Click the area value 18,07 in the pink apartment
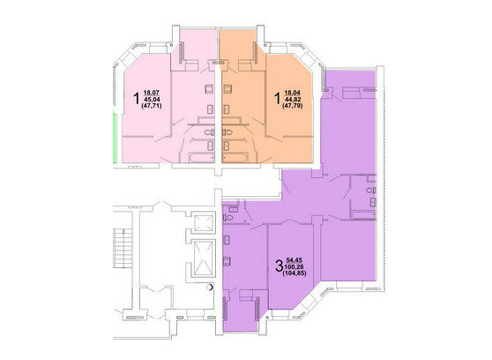tap(152, 93)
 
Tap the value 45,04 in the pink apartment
tap(152, 100)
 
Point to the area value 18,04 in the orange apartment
tap(292, 93)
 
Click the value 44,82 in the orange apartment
tap(293, 100)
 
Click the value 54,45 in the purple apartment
tap(294, 260)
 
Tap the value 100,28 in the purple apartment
tap(294, 267)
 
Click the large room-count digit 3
tap(279, 266)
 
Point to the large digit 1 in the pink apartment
tap(137, 98)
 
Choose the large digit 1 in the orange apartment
tap(277, 98)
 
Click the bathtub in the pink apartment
tap(202, 157)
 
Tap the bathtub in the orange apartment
tap(235, 157)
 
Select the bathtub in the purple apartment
tap(363, 215)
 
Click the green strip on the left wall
tap(115, 139)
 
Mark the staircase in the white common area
tap(123, 248)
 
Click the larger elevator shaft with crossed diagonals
tap(204, 259)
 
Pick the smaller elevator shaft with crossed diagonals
tap(204, 222)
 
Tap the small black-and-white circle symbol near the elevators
tap(210, 287)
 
